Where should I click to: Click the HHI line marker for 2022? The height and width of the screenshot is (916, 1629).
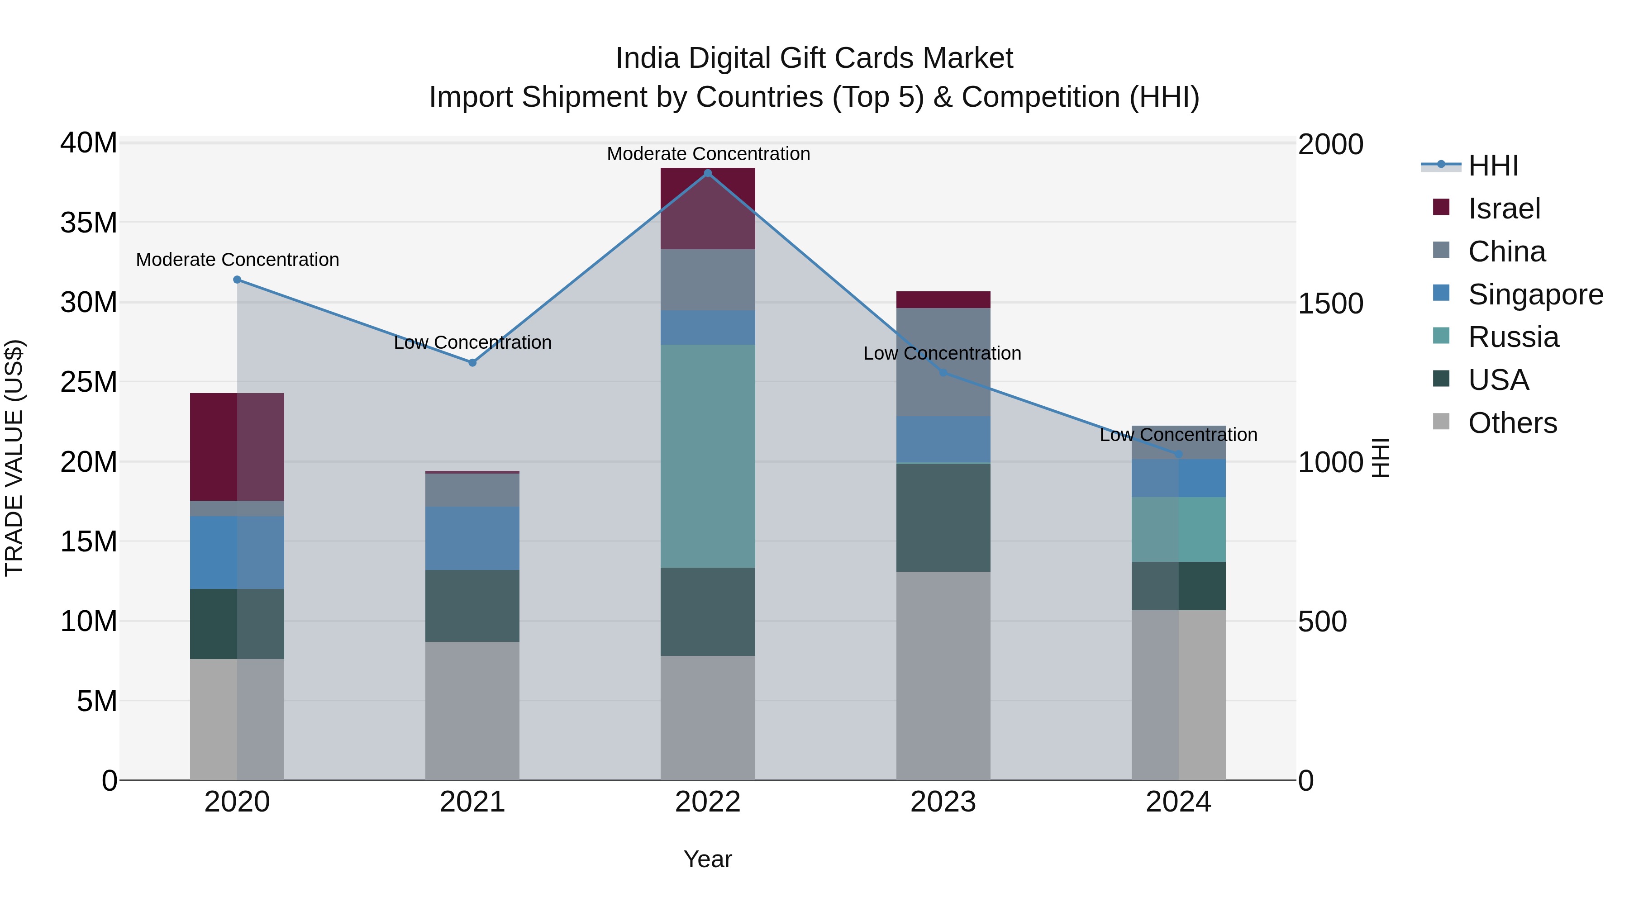708,173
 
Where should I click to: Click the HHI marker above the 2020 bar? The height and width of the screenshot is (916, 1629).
237,280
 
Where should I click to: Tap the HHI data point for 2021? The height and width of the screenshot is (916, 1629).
472,363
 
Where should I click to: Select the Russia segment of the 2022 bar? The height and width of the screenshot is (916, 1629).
708,456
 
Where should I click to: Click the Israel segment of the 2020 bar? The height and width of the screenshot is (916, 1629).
237,447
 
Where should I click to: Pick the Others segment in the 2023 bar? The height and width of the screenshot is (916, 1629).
943,676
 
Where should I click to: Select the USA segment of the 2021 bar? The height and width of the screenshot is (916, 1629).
472,606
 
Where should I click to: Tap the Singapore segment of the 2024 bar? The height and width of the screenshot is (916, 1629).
1178,479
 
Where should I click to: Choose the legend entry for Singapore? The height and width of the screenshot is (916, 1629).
1535,294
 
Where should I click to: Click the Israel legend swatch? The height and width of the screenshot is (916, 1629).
1441,207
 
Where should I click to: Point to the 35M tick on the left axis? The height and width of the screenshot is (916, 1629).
89,223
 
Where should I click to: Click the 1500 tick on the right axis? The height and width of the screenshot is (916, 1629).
1330,304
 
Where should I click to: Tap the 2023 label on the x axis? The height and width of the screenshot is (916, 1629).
943,802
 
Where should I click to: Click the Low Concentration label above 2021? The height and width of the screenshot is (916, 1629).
472,342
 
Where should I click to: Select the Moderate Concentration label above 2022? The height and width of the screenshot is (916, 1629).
708,154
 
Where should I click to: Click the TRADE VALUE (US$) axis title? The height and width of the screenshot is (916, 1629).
14,458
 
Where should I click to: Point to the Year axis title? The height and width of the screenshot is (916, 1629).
708,859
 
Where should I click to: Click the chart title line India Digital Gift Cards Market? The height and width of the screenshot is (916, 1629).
814,58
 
